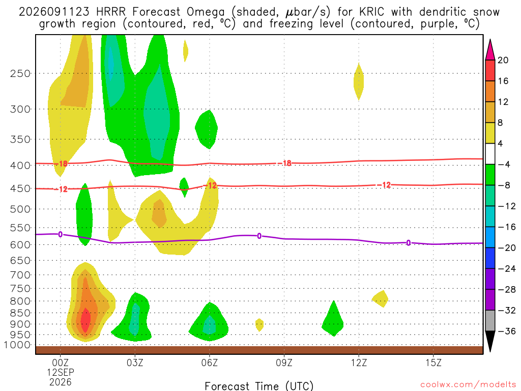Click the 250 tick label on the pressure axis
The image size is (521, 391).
coord(20,73)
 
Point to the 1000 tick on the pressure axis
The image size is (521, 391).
coord(17,345)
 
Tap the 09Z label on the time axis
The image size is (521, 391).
coord(284,362)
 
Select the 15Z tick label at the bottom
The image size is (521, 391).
coord(433,362)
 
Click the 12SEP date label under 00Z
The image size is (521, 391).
coord(60,372)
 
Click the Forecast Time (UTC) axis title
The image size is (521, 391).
coord(259,386)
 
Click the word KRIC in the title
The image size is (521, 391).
coord(371,12)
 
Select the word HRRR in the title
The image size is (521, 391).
coord(110,12)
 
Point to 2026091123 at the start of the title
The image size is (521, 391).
coord(54,12)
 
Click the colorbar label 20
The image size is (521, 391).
coord(503,60)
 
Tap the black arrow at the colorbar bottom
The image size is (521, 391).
coord(490,341)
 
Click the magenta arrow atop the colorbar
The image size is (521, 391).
coord(490,50)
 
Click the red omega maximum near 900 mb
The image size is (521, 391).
coord(85,320)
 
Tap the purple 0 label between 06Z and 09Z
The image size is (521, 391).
coord(259,236)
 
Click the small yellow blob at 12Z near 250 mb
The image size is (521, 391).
coord(359,81)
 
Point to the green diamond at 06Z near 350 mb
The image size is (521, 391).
coord(207,129)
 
